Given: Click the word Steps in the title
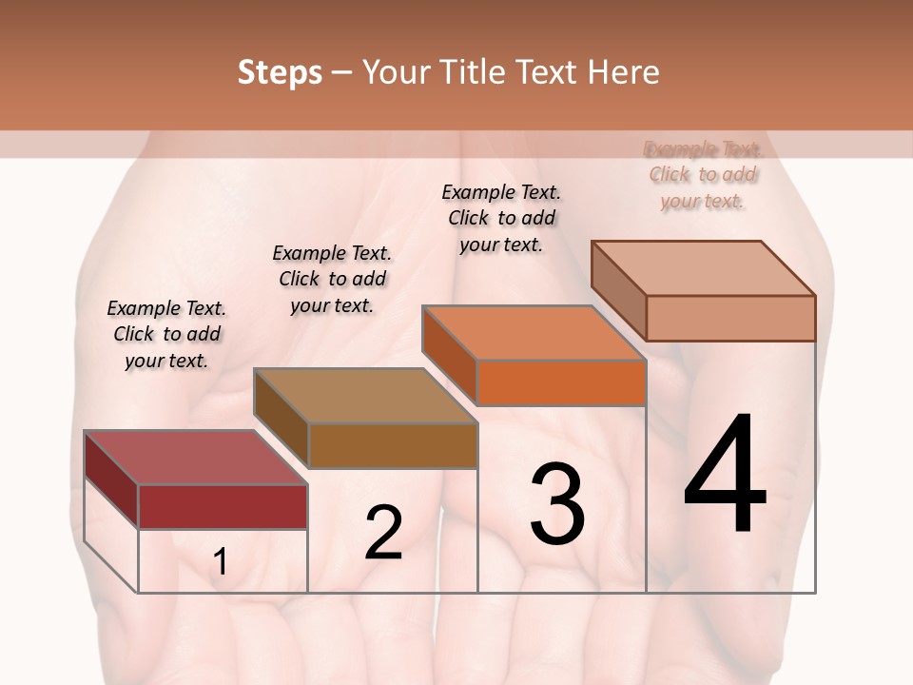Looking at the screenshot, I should (x=280, y=73).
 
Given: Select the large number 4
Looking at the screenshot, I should (x=725, y=476).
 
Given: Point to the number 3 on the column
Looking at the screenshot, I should (x=557, y=504).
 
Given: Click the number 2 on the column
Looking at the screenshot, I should (x=383, y=533).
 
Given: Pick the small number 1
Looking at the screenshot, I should (x=221, y=562).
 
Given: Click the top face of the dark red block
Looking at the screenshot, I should (x=195, y=458).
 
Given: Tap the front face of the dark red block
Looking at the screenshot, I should (x=223, y=506).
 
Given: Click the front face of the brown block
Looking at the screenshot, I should (x=393, y=445).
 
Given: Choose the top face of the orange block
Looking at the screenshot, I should (x=534, y=333).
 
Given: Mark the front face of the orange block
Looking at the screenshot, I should (x=561, y=382).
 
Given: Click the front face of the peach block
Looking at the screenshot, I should (x=730, y=318).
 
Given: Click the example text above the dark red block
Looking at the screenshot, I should (x=166, y=334).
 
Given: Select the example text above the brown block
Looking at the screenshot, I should (x=332, y=279).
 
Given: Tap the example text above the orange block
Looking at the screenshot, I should (x=501, y=218).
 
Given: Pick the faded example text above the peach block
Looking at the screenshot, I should (x=703, y=174).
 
